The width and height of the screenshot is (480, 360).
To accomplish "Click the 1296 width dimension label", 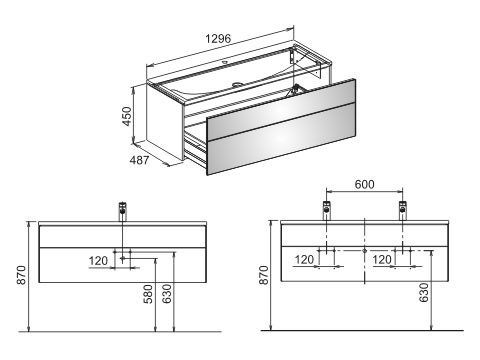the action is [x=218, y=39].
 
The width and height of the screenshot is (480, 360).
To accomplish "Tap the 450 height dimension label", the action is [x=127, y=116].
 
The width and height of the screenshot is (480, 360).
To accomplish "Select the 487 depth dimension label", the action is [x=139, y=160].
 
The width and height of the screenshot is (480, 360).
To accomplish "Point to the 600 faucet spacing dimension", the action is [x=364, y=184].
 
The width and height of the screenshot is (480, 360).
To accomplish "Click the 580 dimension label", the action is [x=148, y=294].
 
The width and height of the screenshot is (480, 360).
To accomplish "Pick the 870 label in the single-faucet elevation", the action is [x=22, y=275].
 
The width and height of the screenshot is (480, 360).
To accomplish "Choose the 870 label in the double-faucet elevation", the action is [x=264, y=275].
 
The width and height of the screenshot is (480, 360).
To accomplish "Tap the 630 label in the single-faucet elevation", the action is [x=167, y=294].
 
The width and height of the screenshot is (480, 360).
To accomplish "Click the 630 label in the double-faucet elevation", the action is [x=424, y=293].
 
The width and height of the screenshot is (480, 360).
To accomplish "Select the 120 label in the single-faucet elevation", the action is [x=98, y=261].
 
